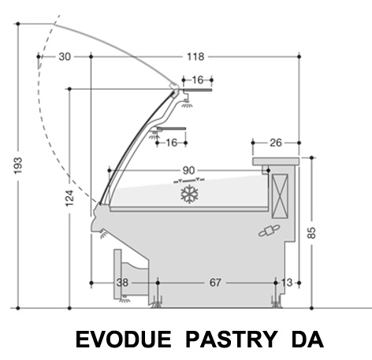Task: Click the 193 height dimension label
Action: [18, 165]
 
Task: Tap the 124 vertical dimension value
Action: [69, 198]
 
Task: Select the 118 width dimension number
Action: [195, 57]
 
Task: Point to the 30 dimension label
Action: [65, 57]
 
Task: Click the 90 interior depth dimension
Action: [188, 171]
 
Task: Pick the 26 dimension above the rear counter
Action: [276, 143]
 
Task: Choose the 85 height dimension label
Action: [311, 232]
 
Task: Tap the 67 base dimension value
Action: [215, 283]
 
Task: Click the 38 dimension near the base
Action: [122, 283]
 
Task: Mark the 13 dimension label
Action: [287, 283]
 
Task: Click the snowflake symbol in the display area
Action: [190, 194]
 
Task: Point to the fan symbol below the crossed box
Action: [270, 230]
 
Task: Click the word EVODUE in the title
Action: [124, 339]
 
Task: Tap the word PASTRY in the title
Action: [231, 339]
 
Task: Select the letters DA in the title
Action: [307, 339]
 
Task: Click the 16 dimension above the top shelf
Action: [198, 80]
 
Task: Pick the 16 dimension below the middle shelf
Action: [172, 143]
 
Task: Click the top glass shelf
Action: [197, 90]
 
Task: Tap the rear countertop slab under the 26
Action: [276, 161]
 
